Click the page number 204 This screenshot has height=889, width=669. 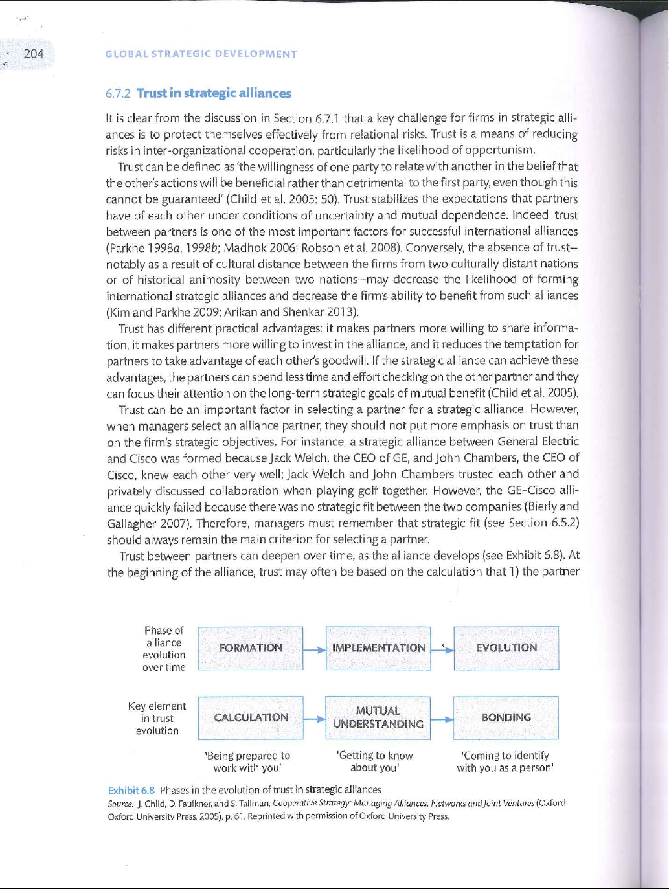point(34,54)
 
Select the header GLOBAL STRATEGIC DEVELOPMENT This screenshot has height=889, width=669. point(201,54)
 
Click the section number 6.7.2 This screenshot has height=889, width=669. point(118,93)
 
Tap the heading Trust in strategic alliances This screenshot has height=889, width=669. point(214,93)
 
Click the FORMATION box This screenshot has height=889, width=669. point(251,648)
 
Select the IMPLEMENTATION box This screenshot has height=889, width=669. point(378,648)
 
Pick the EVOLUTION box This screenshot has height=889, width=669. point(506,648)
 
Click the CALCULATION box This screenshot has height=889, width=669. point(251,717)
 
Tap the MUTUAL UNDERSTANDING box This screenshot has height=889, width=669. point(378,717)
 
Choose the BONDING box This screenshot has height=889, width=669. point(506,717)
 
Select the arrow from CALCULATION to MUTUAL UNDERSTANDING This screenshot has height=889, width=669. point(314,719)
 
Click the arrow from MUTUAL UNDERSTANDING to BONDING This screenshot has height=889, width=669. point(442,719)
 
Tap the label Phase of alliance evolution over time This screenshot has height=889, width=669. point(164,649)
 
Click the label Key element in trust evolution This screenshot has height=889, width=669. point(157,718)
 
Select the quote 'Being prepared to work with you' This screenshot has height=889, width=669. point(247,761)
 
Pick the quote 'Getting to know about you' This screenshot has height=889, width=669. point(375,761)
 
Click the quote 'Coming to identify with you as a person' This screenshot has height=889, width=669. point(505,761)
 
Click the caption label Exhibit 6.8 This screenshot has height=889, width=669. point(131,790)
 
